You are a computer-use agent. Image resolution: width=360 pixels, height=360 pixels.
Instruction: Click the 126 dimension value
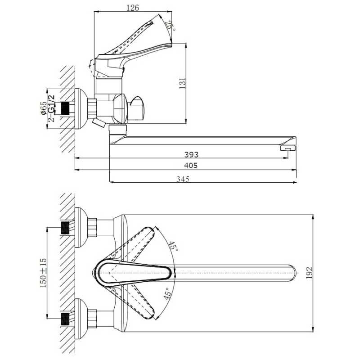pyautogui.click(x=133, y=8)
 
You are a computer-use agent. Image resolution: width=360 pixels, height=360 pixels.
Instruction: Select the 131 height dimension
pyautogui.click(x=183, y=83)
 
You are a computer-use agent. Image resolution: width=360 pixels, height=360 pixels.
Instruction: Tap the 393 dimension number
pyautogui.click(x=191, y=154)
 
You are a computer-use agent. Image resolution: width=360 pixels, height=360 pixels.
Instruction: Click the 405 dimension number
pyautogui.click(x=191, y=165)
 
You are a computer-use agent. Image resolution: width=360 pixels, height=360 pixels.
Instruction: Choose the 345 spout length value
pyautogui.click(x=183, y=179)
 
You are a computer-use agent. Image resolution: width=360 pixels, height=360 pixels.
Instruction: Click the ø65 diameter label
pyautogui.click(x=43, y=108)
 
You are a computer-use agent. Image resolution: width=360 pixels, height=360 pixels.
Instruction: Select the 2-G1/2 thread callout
pyautogui.click(x=52, y=108)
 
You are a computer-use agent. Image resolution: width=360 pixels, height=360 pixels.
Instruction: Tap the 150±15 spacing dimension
pyautogui.click(x=43, y=273)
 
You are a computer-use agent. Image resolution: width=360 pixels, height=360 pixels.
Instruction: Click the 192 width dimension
pyautogui.click(x=310, y=273)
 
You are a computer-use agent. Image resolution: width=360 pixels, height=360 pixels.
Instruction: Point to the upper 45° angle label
pyautogui.click(x=173, y=247)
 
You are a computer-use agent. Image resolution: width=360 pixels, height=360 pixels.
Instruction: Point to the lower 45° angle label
pyautogui.click(x=168, y=294)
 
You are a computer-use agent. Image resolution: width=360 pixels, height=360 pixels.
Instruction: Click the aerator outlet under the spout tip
pyautogui.click(x=288, y=148)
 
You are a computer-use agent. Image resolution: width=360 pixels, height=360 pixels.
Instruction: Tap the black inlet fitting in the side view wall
pyautogui.click(x=65, y=108)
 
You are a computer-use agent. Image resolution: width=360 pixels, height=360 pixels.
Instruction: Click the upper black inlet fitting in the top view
pyautogui.click(x=65, y=228)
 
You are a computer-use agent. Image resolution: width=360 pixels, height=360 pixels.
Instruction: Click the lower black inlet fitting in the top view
pyautogui.click(x=65, y=319)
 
